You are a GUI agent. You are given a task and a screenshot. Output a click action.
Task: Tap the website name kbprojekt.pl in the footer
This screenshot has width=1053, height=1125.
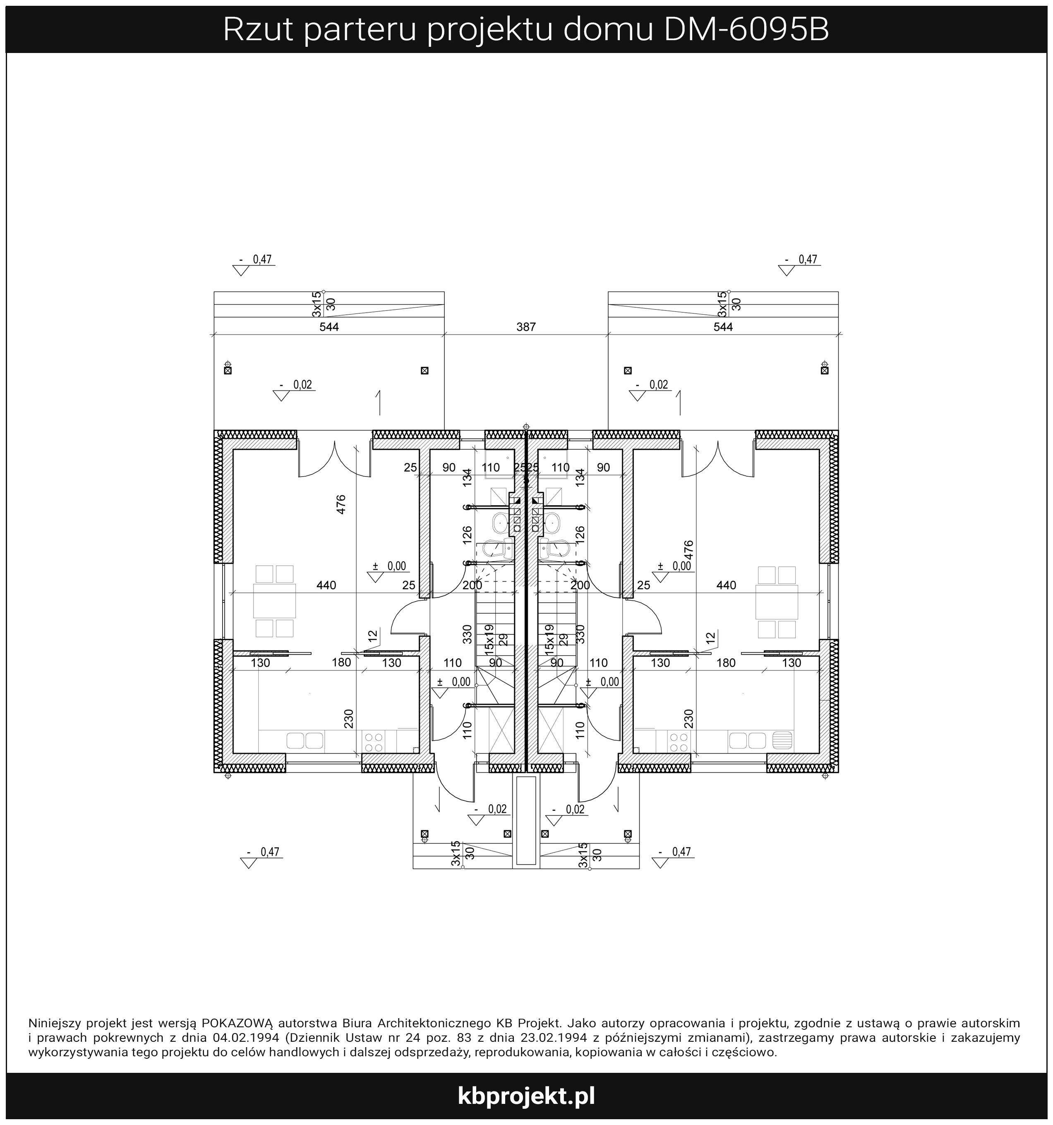[x=526, y=1096]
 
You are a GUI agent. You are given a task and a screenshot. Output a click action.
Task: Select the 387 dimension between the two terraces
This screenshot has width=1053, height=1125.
[x=526, y=327]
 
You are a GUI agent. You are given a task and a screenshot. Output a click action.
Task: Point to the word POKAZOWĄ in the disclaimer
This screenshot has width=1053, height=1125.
[x=237, y=1023]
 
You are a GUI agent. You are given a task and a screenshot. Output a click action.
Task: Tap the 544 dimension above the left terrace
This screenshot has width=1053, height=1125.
[x=329, y=327]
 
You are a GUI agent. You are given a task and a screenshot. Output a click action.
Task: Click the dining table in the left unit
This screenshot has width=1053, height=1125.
[x=274, y=601]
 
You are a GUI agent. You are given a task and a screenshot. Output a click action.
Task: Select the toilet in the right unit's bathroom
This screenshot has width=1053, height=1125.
[x=553, y=548]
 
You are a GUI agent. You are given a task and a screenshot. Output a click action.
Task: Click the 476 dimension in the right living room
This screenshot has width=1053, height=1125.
[x=688, y=550]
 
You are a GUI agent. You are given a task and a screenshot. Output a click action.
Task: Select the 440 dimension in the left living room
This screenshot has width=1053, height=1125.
[x=326, y=585]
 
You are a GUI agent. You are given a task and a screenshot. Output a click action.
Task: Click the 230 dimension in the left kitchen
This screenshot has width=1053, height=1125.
[x=348, y=719]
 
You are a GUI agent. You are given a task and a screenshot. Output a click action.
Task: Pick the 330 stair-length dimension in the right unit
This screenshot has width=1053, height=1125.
[x=580, y=634]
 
